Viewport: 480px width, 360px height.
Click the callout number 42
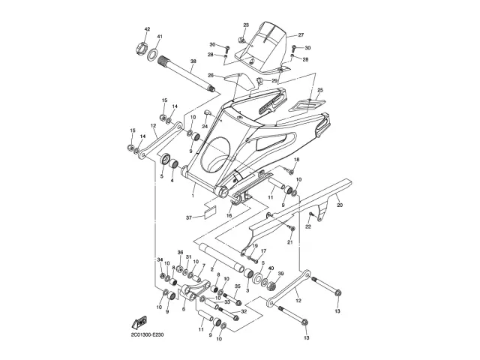pos(147,28)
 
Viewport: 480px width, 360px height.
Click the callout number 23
pos(245,25)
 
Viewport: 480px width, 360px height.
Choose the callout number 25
pos(319,90)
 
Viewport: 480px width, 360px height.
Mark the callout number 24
pos(204,126)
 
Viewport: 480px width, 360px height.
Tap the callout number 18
pos(296,160)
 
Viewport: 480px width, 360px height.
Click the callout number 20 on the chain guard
pos(339,204)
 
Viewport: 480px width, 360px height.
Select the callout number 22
pos(307,227)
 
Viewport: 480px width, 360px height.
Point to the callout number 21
pos(289,241)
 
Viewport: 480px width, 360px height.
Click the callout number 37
pos(190,217)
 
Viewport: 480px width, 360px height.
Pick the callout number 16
pos(229,215)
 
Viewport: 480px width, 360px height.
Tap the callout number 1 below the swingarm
pos(193,195)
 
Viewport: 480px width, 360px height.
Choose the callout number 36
pos(180,253)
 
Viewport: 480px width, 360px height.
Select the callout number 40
pos(271,268)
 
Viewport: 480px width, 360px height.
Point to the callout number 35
pos(238,286)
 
